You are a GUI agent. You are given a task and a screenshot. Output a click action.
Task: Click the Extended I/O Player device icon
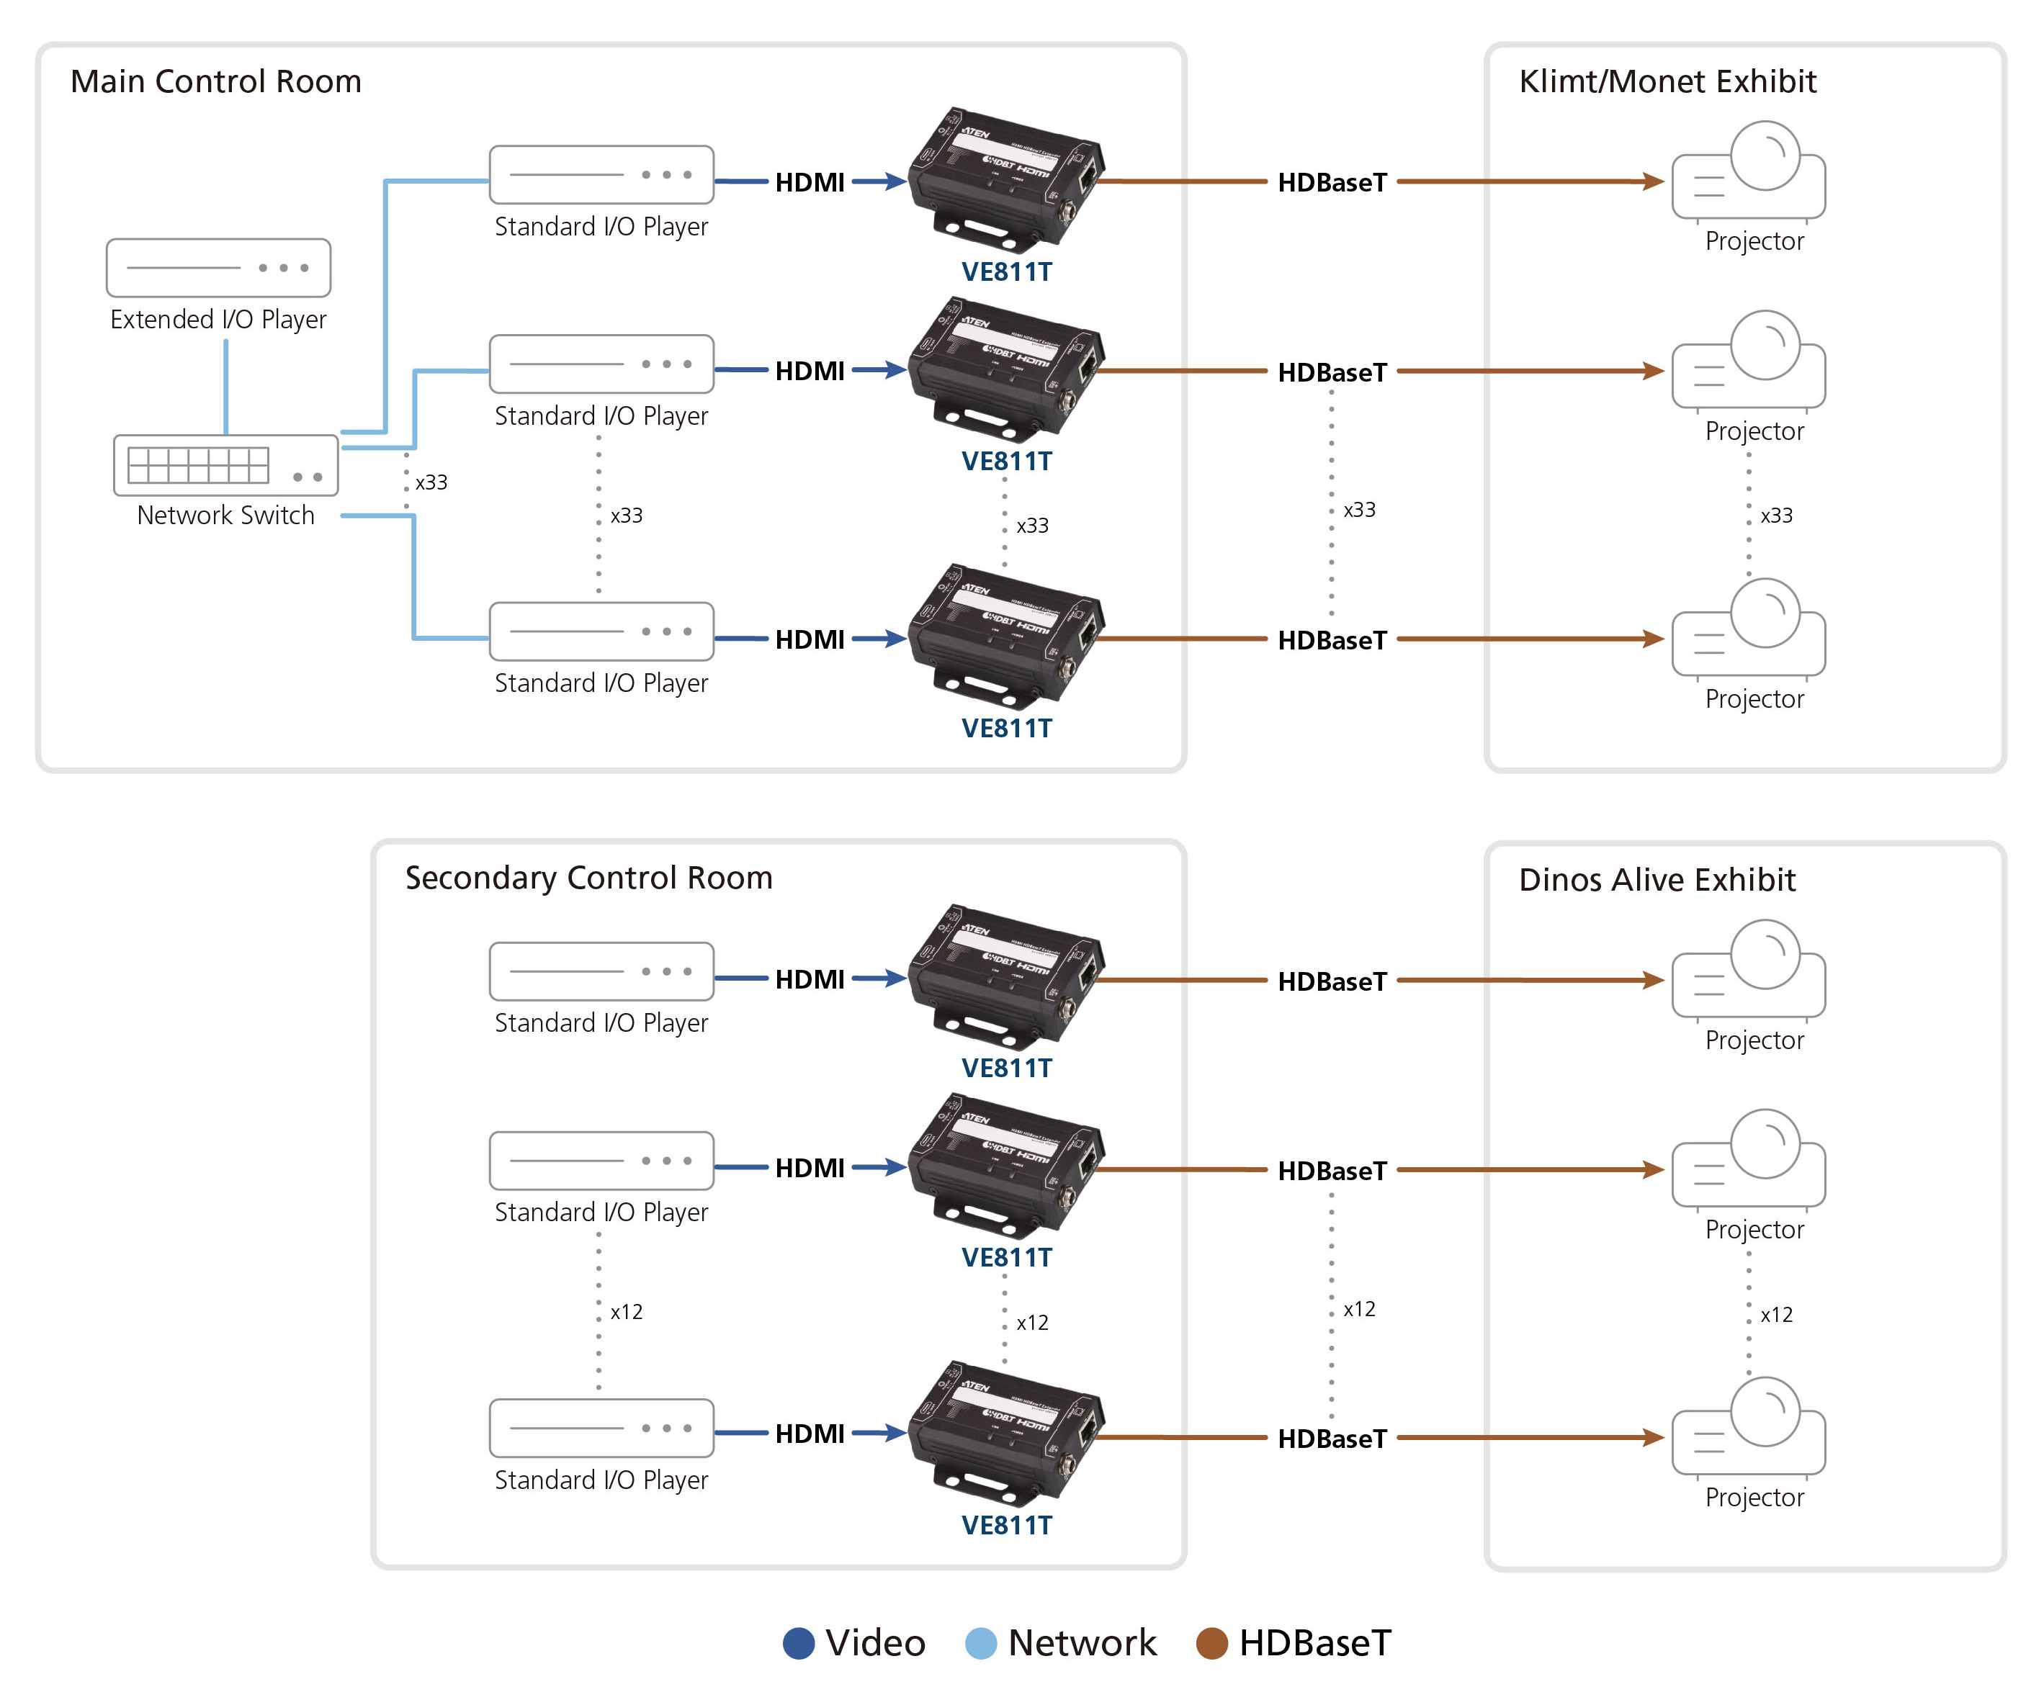[x=218, y=268]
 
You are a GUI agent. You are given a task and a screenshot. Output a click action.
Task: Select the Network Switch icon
[x=226, y=465]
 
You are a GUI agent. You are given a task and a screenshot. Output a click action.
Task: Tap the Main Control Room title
[x=216, y=82]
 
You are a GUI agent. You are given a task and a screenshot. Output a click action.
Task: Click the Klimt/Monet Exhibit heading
[x=1667, y=82]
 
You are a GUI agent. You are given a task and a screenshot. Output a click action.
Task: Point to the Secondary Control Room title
[x=589, y=878]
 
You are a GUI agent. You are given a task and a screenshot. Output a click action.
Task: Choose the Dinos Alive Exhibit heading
[x=1657, y=880]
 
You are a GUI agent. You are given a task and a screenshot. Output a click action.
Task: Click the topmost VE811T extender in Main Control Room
[x=1006, y=180]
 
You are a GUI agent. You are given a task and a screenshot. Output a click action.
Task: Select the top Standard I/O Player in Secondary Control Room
[x=601, y=971]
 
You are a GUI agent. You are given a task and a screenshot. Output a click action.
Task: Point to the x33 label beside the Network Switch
[x=431, y=482]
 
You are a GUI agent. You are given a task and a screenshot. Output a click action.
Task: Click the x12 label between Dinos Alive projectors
[x=1776, y=1315]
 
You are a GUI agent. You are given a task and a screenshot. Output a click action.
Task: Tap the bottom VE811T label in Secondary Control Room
[x=1006, y=1525]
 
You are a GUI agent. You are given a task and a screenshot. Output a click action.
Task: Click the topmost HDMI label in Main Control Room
[x=810, y=183]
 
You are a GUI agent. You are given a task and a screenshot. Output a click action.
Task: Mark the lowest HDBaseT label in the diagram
[x=1332, y=1439]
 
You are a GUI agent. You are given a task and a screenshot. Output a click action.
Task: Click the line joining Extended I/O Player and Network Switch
[x=226, y=387]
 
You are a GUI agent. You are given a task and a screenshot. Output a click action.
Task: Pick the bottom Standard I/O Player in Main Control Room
[x=601, y=631]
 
